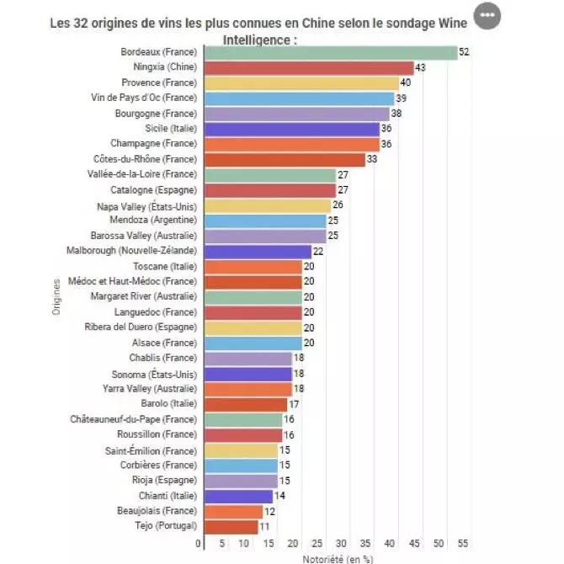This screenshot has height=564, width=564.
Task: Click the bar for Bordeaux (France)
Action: [327, 52]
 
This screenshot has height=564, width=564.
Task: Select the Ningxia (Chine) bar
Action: [306, 67]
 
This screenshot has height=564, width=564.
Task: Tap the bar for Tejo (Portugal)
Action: [229, 526]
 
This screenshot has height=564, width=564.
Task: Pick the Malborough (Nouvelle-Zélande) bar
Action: [255, 251]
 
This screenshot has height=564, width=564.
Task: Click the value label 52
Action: [464, 52]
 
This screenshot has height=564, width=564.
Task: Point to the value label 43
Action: [420, 67]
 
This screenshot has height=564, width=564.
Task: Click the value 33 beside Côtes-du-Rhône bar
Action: [371, 159]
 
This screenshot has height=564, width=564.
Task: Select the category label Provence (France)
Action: [158, 82]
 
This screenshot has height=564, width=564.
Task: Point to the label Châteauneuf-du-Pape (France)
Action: [133, 419]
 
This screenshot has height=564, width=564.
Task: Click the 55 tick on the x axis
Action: [463, 544]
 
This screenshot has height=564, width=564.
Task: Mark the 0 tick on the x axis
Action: [198, 544]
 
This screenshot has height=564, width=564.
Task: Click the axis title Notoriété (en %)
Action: [337, 557]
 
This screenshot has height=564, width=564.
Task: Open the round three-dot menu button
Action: [487, 15]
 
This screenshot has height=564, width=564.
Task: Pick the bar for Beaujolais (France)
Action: [231, 511]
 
